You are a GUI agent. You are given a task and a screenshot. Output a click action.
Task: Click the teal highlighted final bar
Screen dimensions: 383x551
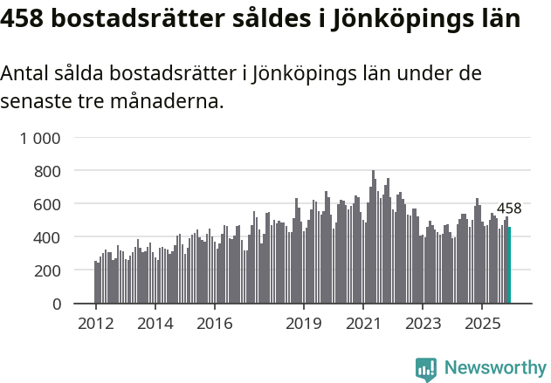coord(509,265)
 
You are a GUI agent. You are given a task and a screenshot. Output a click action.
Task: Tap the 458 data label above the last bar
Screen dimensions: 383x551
coord(508,209)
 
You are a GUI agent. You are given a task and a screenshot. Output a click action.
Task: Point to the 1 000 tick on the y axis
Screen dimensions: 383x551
coord(40,138)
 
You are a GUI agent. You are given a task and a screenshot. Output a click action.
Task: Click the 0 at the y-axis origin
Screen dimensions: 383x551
coord(57,304)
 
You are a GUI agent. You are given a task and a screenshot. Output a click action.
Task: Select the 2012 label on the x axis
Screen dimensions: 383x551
coord(95,324)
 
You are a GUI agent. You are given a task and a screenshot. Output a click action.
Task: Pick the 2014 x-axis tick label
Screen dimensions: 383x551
coord(155,324)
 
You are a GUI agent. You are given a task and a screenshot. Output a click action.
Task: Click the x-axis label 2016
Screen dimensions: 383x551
coord(214,324)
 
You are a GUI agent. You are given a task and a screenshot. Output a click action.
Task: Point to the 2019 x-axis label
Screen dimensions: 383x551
coord(304,324)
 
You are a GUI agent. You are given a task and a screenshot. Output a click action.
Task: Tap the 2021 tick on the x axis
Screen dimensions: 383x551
coord(363,324)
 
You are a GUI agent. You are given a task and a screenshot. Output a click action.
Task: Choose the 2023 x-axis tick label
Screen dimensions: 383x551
coord(423,324)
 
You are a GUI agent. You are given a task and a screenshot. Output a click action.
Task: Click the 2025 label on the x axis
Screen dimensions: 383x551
coord(482,324)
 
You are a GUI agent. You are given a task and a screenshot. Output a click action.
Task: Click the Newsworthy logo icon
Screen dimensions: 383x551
coord(426,369)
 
